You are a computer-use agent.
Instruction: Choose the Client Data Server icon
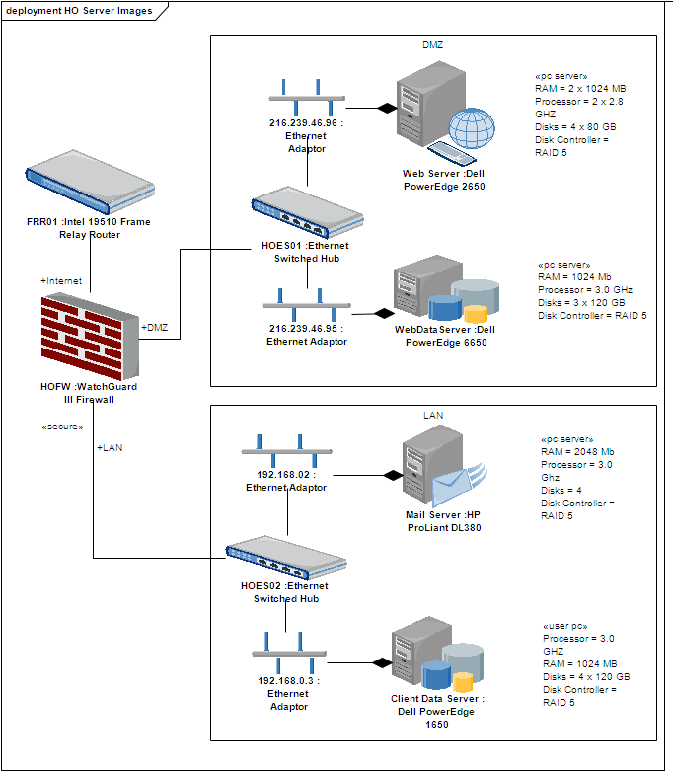tap(433, 653)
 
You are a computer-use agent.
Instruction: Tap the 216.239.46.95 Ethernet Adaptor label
tap(306, 335)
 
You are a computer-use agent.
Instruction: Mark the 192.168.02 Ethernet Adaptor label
tap(286, 481)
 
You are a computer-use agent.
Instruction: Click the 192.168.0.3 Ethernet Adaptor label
tap(288, 693)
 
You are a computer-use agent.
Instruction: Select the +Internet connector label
tap(61, 281)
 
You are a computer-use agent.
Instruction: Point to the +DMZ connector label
tap(156, 327)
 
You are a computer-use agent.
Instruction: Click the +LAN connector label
tap(111, 447)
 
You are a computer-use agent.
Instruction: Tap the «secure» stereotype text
tap(61, 427)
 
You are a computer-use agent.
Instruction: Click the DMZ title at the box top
tap(433, 45)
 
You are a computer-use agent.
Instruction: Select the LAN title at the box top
tap(433, 416)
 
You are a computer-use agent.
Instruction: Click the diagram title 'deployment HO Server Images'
tap(79, 10)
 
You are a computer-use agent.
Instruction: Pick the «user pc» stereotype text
tap(565, 625)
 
